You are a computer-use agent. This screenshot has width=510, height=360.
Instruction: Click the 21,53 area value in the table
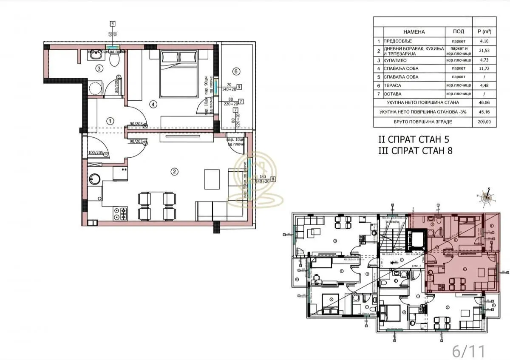(x=484, y=51)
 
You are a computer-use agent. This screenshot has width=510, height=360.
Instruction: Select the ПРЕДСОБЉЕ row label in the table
(x=398, y=42)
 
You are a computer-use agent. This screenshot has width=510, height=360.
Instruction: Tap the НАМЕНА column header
(x=414, y=32)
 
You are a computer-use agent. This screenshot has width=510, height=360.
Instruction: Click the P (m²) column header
(x=484, y=32)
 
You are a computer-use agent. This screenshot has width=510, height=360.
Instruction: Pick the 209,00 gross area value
(x=484, y=122)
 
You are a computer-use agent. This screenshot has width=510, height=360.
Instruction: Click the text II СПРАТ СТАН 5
(x=413, y=139)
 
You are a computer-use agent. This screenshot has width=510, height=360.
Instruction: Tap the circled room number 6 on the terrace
(x=237, y=71)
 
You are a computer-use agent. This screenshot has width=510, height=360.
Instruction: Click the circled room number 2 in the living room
(x=173, y=172)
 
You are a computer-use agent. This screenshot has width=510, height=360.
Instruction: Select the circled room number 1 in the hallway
(x=110, y=121)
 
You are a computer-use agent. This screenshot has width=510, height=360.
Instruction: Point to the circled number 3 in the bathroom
(x=99, y=68)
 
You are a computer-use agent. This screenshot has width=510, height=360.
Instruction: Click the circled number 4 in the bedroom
(x=152, y=103)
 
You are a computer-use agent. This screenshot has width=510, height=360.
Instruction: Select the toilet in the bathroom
(x=114, y=59)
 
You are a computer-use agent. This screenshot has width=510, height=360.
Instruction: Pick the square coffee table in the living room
(x=213, y=179)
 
